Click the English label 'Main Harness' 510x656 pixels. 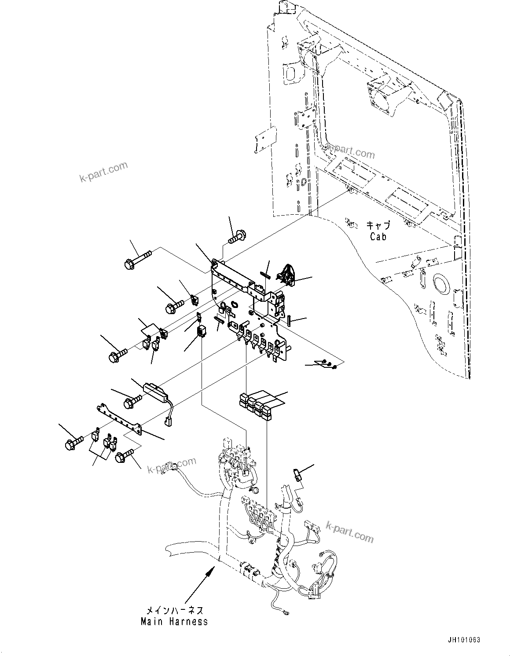pos(174,622)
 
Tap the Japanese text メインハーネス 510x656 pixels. pos(175,611)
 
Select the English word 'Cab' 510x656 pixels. pos(378,237)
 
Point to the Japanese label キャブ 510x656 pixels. pos(378,226)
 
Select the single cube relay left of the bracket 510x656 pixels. pos(202,330)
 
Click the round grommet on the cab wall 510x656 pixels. pos(440,283)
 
